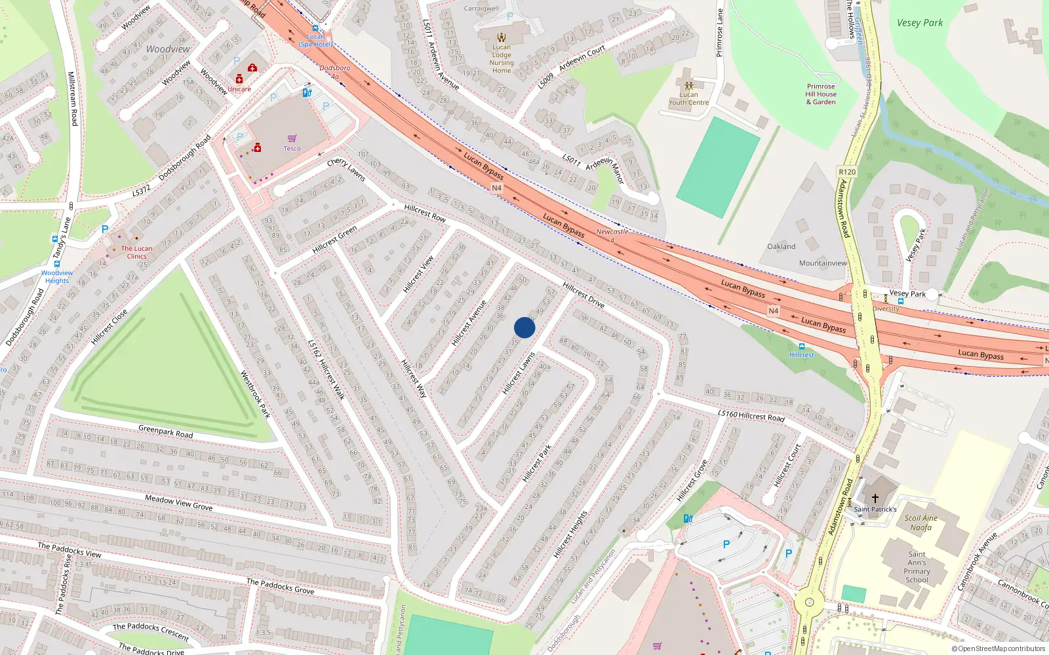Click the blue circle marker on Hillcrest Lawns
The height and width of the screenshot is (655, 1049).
(524, 327)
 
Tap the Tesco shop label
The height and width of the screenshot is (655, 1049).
(292, 149)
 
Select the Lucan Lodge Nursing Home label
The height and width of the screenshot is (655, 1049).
(502, 59)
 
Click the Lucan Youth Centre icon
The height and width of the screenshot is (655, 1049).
(688, 85)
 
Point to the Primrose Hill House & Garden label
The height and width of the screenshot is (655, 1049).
(821, 94)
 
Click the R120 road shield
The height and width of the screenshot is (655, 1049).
(847, 172)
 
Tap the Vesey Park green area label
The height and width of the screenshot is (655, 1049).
(920, 23)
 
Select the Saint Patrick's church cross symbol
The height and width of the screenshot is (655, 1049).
(875, 498)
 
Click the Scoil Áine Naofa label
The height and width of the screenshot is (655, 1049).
(920, 523)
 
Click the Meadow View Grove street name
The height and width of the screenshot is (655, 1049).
(179, 503)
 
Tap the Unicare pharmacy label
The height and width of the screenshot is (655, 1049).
(239, 89)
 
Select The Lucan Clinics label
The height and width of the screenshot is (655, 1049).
(136, 252)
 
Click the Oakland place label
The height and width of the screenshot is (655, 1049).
(782, 247)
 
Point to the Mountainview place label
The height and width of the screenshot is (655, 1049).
(823, 263)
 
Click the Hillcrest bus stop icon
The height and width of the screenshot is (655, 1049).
(801, 346)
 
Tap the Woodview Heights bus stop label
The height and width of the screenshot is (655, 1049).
(57, 276)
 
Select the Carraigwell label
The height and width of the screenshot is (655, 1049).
(481, 9)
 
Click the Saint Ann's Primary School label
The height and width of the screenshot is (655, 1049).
(917, 567)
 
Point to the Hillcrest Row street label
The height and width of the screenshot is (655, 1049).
(425, 213)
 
